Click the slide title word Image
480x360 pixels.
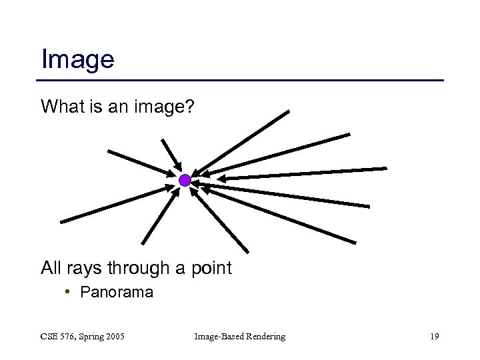coord(77,59)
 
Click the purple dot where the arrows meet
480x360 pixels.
coord(185,180)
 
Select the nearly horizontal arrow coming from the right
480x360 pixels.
coord(303,173)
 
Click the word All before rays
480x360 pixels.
coord(52,269)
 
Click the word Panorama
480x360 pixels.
coord(116,292)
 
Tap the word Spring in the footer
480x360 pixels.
coord(93,337)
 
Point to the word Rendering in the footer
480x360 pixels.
coord(265,337)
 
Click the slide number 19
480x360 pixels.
coord(434,337)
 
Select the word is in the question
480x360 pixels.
coord(89,106)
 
